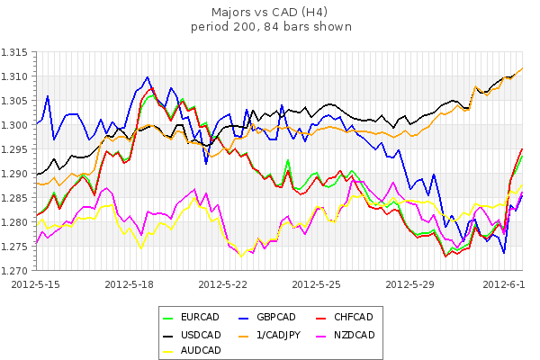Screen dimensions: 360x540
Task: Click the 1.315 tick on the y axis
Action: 17,52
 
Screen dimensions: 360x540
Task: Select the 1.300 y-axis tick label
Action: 17,125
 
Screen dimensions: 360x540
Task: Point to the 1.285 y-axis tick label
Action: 17,198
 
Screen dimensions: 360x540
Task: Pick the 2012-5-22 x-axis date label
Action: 224,283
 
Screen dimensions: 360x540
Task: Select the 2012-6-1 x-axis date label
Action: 507,283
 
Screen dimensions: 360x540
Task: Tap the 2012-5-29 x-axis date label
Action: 410,283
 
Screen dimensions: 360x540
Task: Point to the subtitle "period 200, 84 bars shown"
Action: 271,27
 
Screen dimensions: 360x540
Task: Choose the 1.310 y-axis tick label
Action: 17,76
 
